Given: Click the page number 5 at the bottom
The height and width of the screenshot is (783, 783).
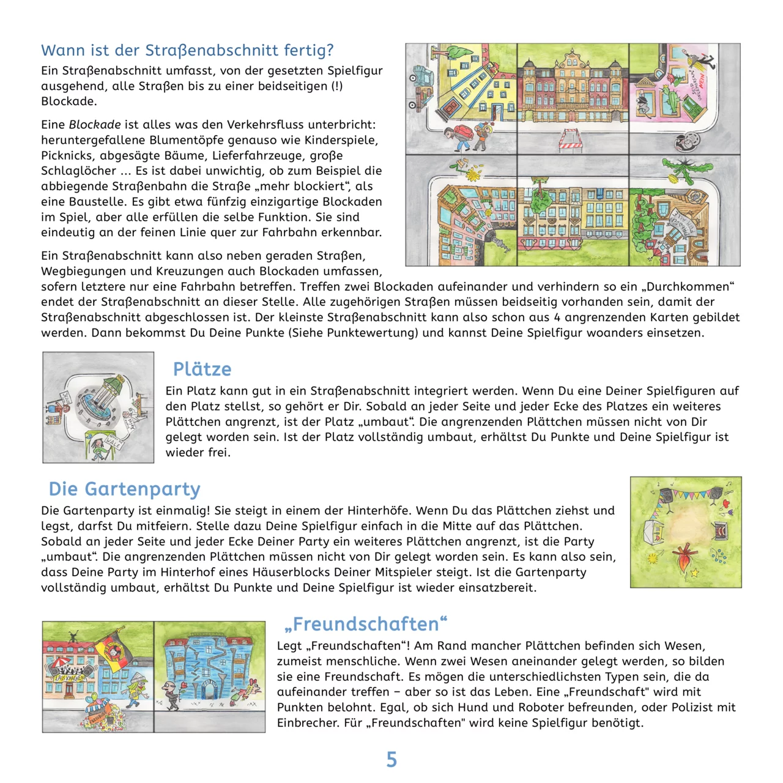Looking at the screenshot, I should point(391,760).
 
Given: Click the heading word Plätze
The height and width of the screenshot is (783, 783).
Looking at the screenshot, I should point(202,369).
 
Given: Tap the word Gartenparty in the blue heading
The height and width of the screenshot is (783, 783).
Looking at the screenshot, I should point(142,489).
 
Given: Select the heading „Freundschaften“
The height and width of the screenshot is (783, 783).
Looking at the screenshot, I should point(366,624).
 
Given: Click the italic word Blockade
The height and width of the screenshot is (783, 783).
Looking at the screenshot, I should point(94,125).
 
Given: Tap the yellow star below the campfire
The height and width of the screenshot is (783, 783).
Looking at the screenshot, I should point(695,573).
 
